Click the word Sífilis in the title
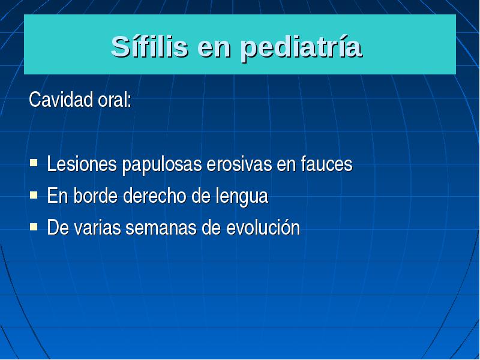click(149, 46)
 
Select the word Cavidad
click(61, 100)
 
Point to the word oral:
click(115, 100)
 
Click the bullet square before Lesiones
click(34, 162)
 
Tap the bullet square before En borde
click(34, 194)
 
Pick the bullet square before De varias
click(34, 227)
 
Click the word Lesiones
click(82, 164)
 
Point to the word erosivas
click(239, 164)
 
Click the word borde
click(96, 196)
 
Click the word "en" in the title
click(214, 50)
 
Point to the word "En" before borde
click(58, 196)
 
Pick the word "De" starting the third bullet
click(58, 228)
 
